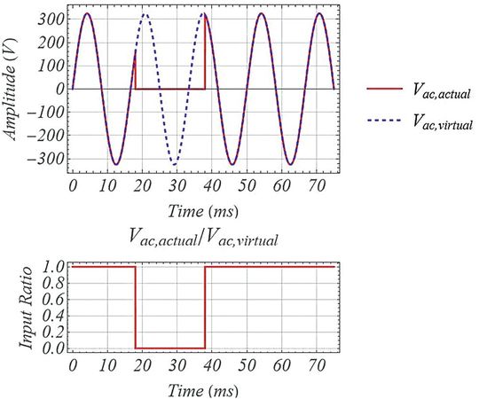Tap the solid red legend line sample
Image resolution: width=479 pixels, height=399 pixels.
point(383,89)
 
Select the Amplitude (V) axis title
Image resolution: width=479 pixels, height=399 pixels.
point(17,89)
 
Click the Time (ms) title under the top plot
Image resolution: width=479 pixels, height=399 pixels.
point(203,212)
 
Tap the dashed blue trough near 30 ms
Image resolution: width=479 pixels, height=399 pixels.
point(175,164)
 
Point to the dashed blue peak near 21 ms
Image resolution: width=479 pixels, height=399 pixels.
point(145,14)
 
